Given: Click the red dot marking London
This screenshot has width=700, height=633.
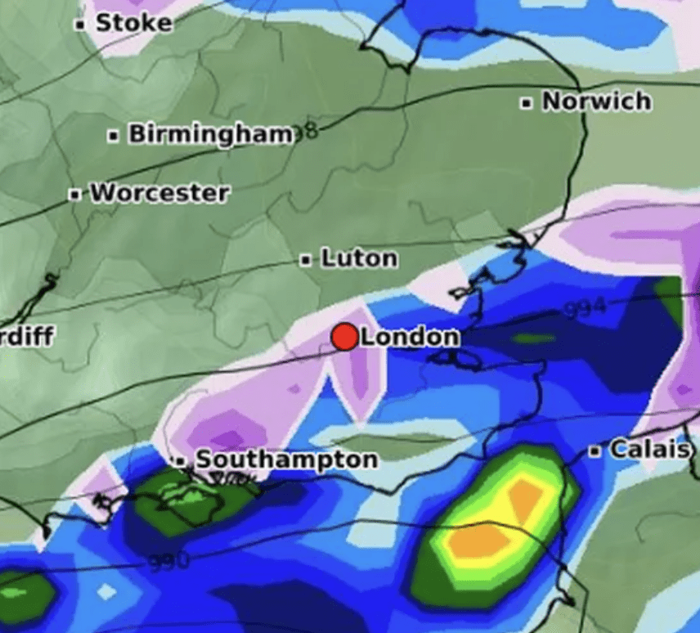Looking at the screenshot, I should point(345,336).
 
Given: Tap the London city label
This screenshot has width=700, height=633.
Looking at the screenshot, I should point(410,336).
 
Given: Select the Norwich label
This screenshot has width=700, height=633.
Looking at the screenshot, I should point(597,101).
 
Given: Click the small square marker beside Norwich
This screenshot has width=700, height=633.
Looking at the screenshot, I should point(527,103).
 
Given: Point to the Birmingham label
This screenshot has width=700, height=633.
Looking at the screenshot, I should point(210,133).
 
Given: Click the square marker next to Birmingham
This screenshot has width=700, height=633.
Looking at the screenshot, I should point(114,135).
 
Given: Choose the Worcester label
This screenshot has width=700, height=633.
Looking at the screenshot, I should point(159,194).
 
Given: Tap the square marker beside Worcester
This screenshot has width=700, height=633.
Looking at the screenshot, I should point(75,195).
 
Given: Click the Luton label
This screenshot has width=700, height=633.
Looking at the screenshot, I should point(359,258).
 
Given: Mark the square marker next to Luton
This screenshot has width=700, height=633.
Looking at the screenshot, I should point(306,260).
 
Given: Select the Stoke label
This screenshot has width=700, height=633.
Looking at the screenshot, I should point(134,22).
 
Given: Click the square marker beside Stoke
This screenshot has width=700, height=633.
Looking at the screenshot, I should point(80,24).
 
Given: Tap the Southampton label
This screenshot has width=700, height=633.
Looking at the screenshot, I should point(286,460).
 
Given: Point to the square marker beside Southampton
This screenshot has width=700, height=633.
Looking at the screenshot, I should point(180,461).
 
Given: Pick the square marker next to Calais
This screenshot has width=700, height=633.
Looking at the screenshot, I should point(596,451).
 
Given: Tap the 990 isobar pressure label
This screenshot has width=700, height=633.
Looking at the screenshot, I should point(169,561).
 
